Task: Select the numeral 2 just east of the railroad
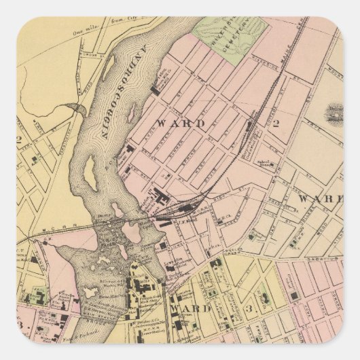(x=277, y=123)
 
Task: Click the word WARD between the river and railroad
(x=171, y=123)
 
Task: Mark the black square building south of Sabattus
(x=293, y=296)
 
